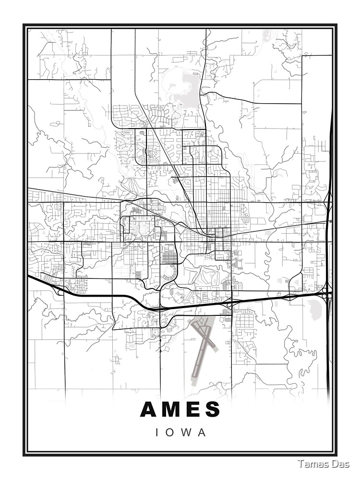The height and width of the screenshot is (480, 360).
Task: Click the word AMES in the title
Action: [180, 409]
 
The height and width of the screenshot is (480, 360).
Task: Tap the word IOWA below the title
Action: [181, 432]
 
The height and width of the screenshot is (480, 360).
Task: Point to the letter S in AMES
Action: [212, 409]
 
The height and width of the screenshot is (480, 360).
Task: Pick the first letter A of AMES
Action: [149, 409]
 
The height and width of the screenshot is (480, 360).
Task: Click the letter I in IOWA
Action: [157, 432]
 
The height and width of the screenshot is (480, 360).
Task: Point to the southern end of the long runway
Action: [194, 382]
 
